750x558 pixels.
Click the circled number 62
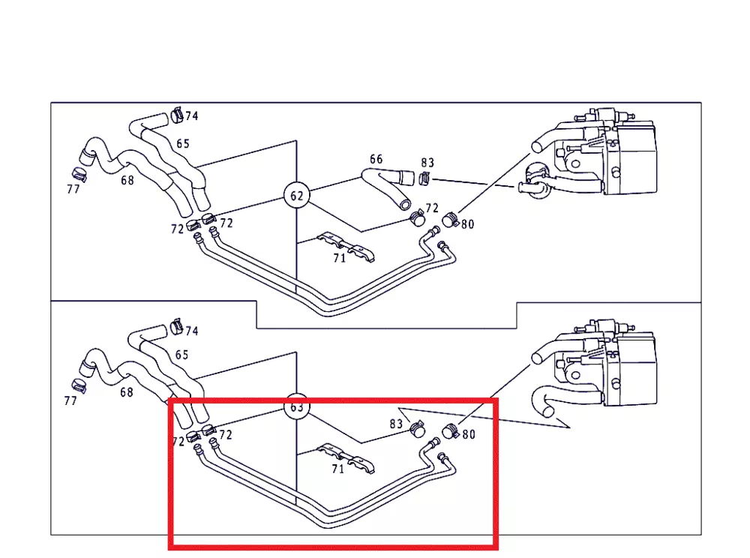pos(297,196)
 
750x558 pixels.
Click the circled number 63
pos(297,406)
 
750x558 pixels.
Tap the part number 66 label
pos(376,159)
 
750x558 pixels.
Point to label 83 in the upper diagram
pos(427,163)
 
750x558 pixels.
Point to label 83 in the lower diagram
pos(396,424)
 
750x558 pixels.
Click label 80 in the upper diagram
pos(468,223)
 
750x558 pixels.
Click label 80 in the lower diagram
pos(469,434)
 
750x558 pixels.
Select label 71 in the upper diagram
pos(340,258)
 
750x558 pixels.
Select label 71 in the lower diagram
pos(337,469)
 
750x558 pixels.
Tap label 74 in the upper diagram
pos(192,116)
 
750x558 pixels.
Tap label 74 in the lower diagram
pos(192,331)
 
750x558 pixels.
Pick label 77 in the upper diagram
pos(73,189)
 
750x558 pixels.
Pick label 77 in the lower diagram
pos(70,401)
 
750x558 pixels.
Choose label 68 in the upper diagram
pos(127,180)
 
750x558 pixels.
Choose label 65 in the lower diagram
pos(181,355)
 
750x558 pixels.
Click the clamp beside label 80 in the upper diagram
pos(450,220)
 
